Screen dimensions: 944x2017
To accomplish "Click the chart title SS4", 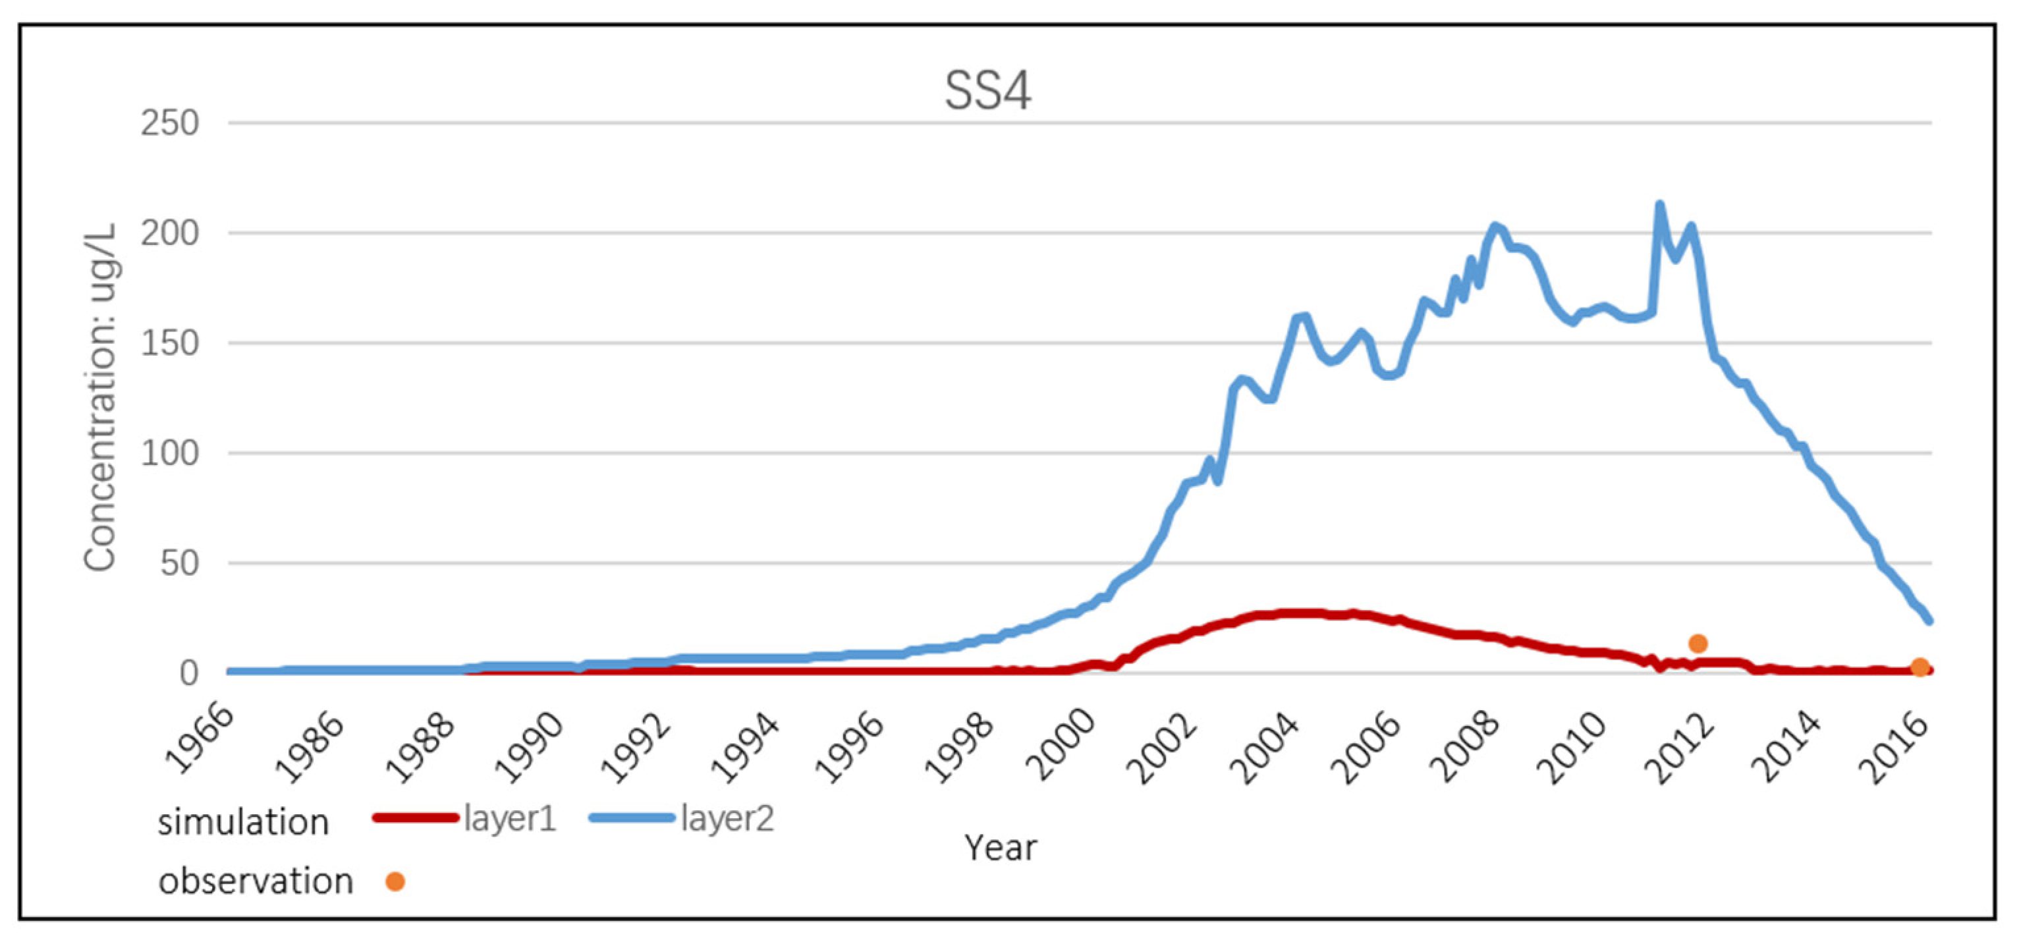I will [x=987, y=92].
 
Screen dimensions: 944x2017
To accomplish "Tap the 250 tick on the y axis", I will [x=169, y=124].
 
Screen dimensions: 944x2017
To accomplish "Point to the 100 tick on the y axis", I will [x=169, y=454].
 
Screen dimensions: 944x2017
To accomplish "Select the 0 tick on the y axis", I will [x=188, y=674].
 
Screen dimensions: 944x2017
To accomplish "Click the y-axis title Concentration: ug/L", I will [x=100, y=398].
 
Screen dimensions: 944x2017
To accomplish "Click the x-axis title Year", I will [x=1000, y=848].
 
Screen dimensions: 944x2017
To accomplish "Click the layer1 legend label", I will [x=510, y=819].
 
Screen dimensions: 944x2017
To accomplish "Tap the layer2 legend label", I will [x=727, y=819].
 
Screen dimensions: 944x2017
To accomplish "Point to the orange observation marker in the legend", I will [x=395, y=882].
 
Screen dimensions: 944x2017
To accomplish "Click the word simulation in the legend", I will [x=242, y=823].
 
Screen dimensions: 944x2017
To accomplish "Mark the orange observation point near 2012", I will [x=1698, y=644].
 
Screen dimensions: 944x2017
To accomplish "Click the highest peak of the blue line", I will [x=1659, y=205].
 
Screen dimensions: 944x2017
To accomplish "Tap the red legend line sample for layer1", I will [x=416, y=818].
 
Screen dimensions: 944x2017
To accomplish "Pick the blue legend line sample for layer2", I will [x=631, y=818].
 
